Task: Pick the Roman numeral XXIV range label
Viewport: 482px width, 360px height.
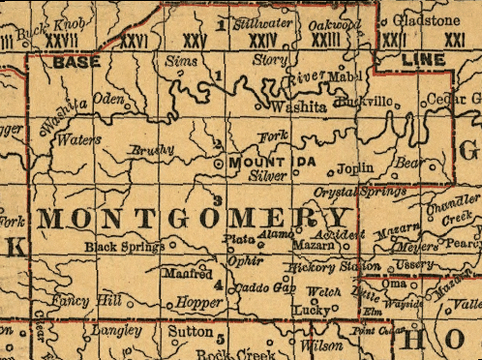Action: (257, 40)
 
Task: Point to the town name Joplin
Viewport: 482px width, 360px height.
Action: (355, 167)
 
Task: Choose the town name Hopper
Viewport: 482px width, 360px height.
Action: (199, 303)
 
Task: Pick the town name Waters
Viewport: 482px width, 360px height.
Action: (78, 138)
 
